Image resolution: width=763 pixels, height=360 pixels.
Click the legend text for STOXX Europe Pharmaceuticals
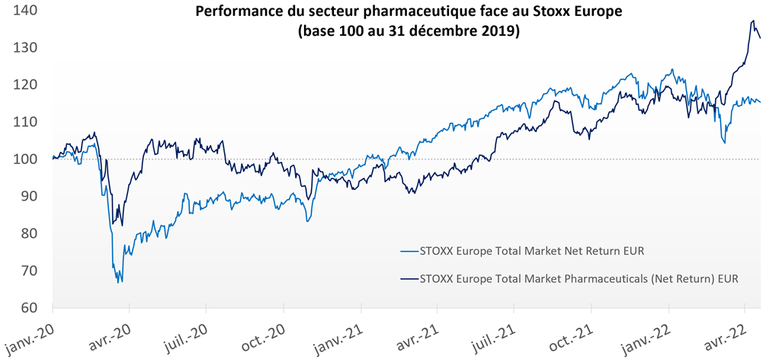(580, 278)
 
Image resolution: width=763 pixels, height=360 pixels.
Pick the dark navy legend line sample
(409, 278)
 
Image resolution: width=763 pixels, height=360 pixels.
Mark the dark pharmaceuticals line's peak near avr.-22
(753, 21)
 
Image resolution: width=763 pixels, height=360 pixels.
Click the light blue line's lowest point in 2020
(121, 283)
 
